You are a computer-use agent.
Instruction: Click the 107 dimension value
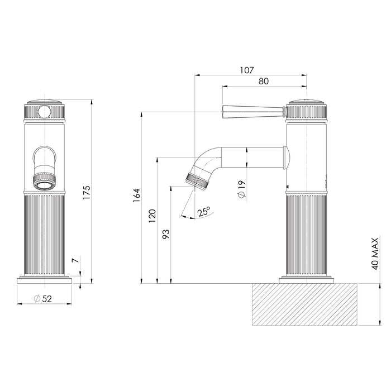coord(247,70)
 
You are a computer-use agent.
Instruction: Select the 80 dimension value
coord(264,82)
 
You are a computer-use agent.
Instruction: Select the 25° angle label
coord(204,212)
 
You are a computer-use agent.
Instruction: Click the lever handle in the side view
coord(254,112)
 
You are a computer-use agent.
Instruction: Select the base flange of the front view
coord(45,279)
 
